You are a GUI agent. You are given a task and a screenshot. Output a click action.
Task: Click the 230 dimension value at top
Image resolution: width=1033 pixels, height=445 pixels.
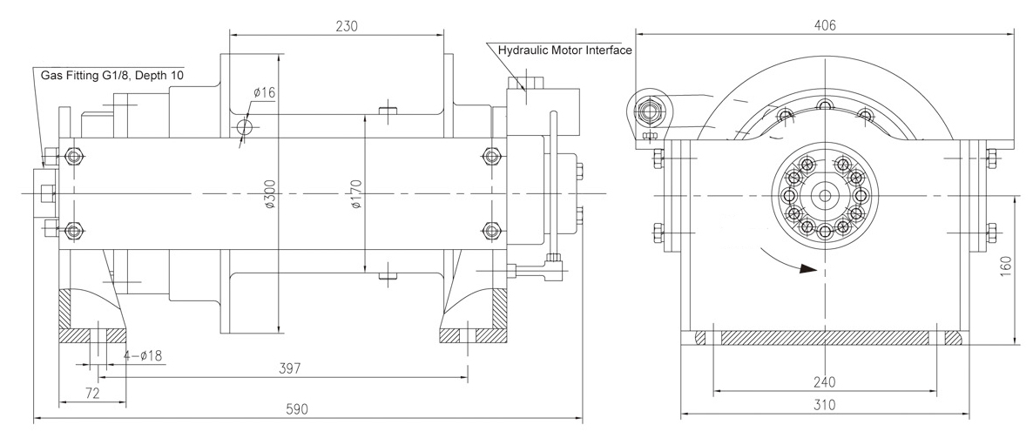pos(347,26)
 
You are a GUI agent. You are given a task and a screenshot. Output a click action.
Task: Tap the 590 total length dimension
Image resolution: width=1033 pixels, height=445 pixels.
pos(296,408)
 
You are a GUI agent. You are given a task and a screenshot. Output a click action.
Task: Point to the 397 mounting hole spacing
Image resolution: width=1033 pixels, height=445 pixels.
pos(288,368)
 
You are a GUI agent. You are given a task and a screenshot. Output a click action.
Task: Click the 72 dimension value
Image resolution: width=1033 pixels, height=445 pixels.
pos(93,394)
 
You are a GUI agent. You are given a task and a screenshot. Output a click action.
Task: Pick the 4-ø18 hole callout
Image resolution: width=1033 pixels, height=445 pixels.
pos(143,356)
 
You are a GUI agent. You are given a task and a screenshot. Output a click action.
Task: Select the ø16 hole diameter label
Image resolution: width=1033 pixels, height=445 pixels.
pos(264,93)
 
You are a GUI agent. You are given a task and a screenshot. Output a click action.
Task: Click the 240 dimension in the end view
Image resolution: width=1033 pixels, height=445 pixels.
pos(824,381)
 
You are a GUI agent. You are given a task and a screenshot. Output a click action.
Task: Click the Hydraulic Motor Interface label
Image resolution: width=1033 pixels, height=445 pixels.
pos(564,50)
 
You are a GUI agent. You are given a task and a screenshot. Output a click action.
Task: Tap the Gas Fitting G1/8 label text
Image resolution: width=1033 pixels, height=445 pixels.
pos(91,75)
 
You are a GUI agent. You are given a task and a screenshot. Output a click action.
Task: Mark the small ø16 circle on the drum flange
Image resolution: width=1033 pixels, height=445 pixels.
pos(245,125)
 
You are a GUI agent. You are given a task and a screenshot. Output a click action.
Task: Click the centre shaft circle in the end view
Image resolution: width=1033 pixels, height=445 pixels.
pos(823,195)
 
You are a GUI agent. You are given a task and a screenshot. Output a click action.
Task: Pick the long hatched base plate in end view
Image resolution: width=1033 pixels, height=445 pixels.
pos(825,338)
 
